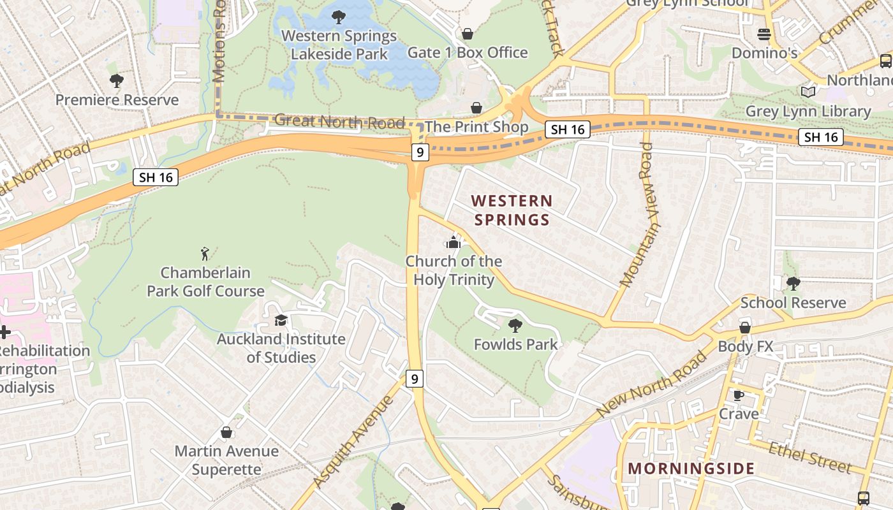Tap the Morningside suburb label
[x=691, y=469]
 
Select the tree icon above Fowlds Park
[x=515, y=326]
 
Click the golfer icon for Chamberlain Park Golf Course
[x=205, y=254]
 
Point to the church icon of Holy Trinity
[x=454, y=242]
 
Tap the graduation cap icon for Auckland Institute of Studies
[x=281, y=320]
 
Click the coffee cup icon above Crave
[x=739, y=395]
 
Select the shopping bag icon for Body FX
[x=744, y=328]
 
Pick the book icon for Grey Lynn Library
[x=808, y=92]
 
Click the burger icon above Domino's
[x=764, y=34]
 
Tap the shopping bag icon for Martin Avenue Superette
[x=226, y=432]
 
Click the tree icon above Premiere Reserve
[x=116, y=81]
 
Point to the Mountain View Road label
[x=640, y=214]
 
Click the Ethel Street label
[x=810, y=458]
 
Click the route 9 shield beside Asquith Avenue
[x=415, y=379]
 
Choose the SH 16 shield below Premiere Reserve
[x=156, y=177]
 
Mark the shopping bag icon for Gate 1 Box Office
[x=468, y=34]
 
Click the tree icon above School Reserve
[x=793, y=284]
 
